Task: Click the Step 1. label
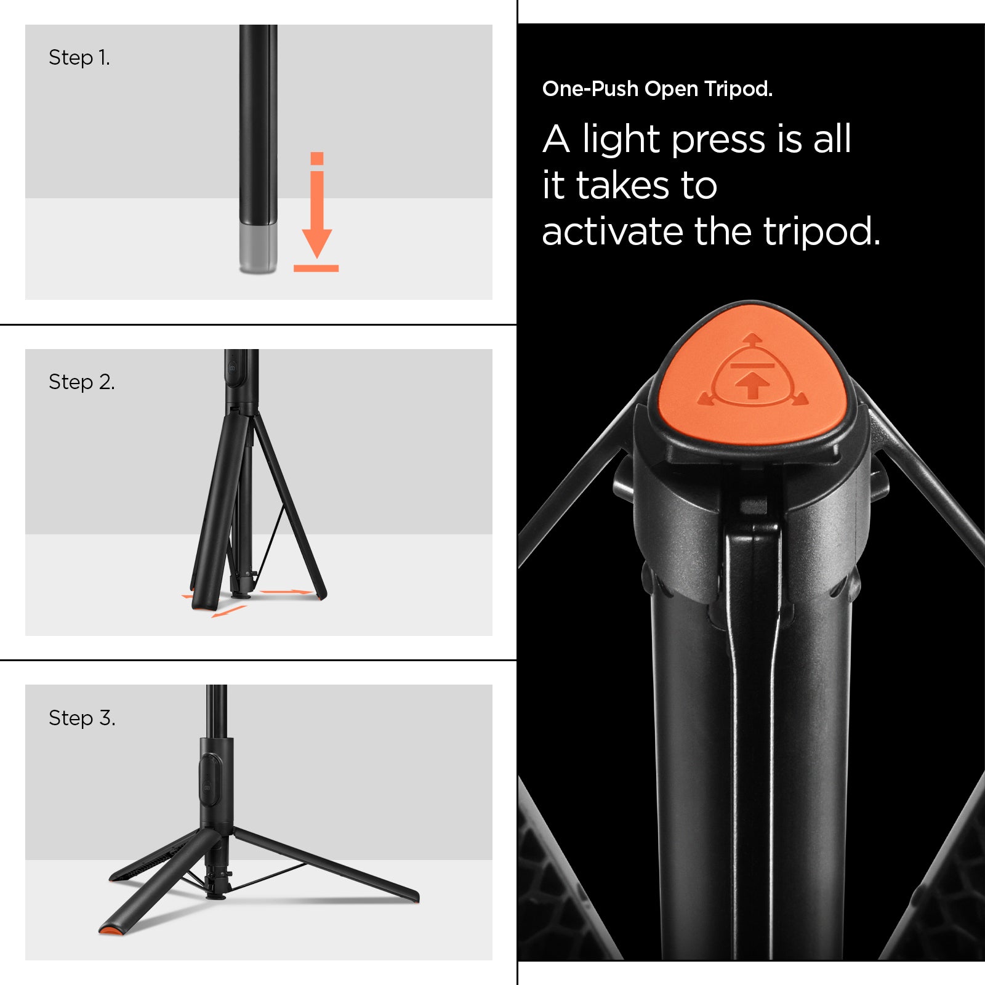click(79, 58)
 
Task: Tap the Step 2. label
click(81, 382)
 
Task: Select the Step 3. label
click(82, 718)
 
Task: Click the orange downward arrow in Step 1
click(317, 209)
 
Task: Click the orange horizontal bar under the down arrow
click(316, 268)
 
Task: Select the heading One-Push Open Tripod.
click(657, 89)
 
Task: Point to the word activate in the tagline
click(612, 232)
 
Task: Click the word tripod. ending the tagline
click(821, 232)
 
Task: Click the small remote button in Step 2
click(233, 368)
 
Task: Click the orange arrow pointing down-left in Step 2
click(228, 612)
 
